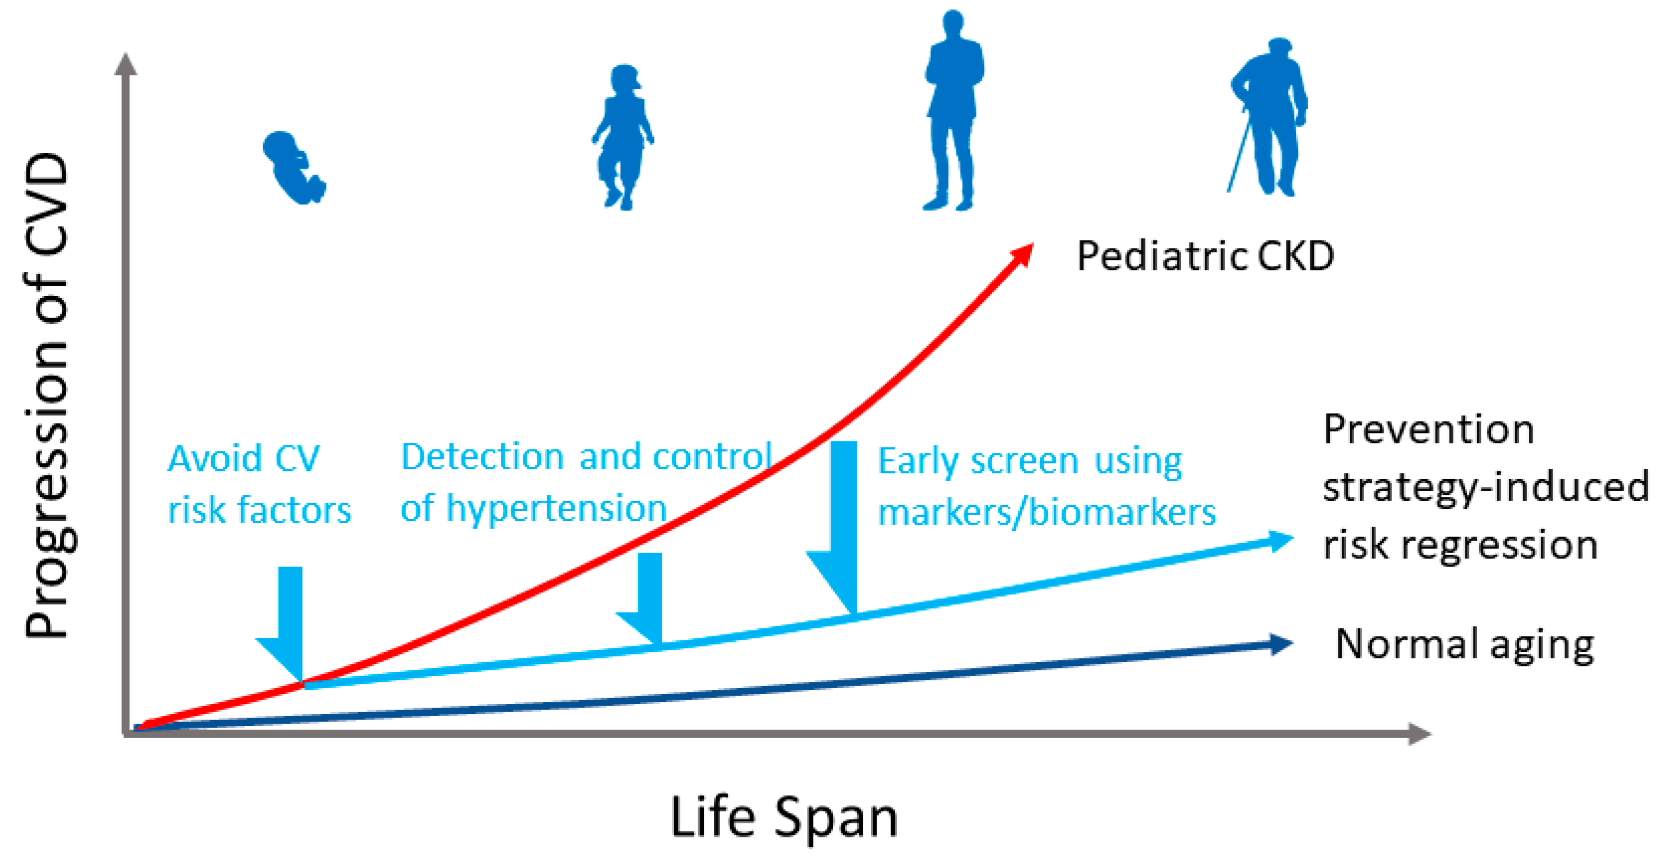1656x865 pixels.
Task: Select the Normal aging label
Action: click(x=1465, y=645)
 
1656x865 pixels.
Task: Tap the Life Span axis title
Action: click(x=784, y=818)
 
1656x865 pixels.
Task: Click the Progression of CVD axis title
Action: click(x=46, y=395)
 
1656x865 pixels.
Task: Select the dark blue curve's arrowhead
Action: click(x=1281, y=644)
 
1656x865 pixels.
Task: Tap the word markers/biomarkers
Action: click(x=1046, y=513)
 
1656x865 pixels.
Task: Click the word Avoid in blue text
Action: click(x=215, y=459)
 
